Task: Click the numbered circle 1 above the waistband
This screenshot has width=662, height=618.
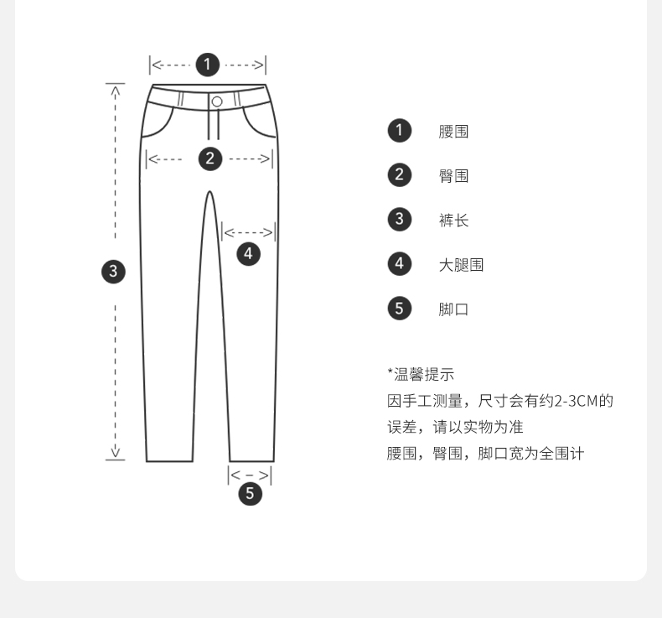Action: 207,64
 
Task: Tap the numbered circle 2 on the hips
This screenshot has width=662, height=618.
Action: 209,158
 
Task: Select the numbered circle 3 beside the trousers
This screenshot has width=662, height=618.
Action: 113,271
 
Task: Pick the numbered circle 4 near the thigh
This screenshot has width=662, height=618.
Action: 248,253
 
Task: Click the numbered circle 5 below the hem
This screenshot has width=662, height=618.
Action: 251,494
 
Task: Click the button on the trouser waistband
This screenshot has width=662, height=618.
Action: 217,101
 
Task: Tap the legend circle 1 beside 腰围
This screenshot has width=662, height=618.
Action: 400,130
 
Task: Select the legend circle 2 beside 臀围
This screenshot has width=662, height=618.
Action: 400,174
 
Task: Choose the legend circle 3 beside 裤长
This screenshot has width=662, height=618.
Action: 400,219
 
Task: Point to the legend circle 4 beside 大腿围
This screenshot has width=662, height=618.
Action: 400,263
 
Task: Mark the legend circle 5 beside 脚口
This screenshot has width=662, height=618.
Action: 400,308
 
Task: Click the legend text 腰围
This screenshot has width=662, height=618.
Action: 453,132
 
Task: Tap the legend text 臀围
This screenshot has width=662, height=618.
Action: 453,176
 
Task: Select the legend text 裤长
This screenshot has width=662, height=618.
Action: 453,221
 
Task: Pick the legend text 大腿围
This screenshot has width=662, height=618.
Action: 461,265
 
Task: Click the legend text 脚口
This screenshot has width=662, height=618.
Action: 453,309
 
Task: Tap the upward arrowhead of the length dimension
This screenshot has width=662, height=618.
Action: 116,89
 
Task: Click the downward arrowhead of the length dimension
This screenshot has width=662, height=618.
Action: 116,454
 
